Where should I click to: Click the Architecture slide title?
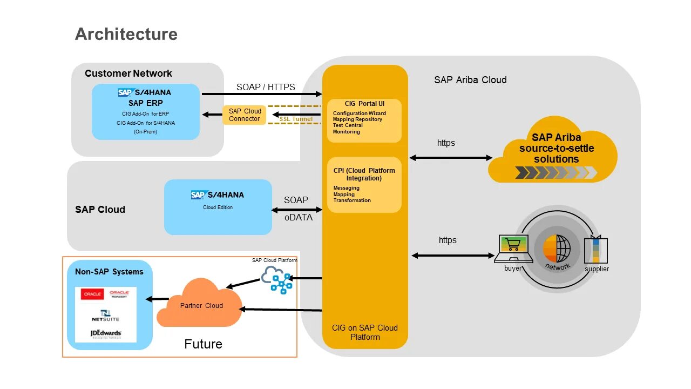click(126, 34)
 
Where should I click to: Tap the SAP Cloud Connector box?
click(245, 115)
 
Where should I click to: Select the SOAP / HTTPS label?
click(266, 87)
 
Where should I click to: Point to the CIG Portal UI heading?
click(364, 104)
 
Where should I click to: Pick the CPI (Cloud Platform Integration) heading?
click(364, 174)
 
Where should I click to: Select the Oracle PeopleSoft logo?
click(119, 294)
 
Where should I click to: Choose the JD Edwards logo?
click(105, 333)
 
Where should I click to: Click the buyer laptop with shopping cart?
click(513, 249)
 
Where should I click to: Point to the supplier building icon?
click(596, 251)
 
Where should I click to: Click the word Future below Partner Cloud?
click(203, 344)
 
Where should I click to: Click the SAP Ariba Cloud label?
click(470, 80)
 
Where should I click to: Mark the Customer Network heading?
click(128, 73)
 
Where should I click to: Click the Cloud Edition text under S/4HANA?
click(218, 207)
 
